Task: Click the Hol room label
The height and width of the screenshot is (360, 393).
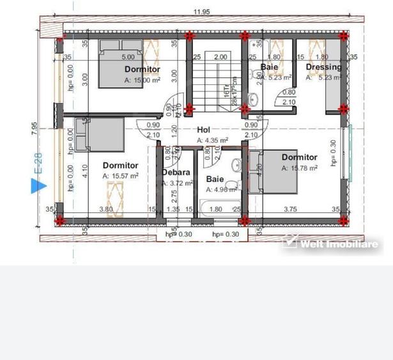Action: (x=204, y=129)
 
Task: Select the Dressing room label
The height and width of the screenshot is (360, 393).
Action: (x=323, y=67)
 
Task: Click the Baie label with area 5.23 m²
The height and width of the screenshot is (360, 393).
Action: (x=269, y=66)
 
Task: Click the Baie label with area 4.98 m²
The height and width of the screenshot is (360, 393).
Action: (x=215, y=180)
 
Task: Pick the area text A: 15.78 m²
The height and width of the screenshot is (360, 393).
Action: (x=300, y=168)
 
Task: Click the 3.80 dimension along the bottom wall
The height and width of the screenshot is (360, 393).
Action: (x=105, y=208)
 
